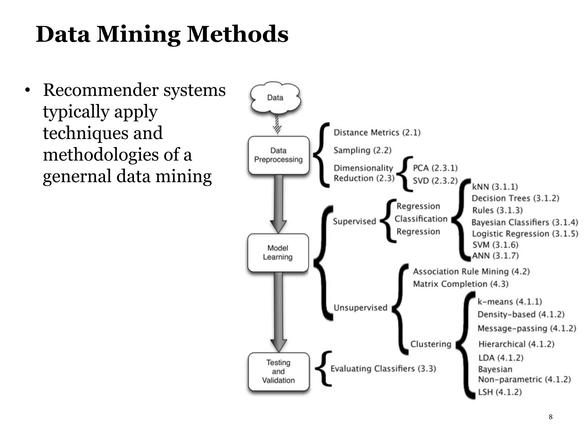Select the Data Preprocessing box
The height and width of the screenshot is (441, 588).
pos(278,155)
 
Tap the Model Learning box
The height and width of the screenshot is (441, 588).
pos(278,253)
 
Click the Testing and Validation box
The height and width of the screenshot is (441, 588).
pos(278,372)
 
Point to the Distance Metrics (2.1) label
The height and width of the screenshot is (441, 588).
pos(377,133)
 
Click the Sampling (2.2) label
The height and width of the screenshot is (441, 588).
pos(362,150)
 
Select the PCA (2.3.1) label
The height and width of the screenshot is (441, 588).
pos(435,168)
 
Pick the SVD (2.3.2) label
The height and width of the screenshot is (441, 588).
pos(435,181)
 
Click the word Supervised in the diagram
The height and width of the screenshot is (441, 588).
pos(354,221)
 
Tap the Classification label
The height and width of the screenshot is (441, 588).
pos(421,219)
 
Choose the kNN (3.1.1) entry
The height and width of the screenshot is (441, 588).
pos(495,187)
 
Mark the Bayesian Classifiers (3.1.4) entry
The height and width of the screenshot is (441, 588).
pos(525,223)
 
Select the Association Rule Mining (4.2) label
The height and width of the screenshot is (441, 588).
pos(471,272)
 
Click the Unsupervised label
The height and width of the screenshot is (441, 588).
pos(360,308)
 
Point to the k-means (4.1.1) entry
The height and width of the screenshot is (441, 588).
pos(510,302)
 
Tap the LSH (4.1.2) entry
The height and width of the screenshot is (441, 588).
pos(500,392)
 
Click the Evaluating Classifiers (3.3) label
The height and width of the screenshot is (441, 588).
pos(383,369)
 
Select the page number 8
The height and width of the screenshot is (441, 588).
pos(550,417)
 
